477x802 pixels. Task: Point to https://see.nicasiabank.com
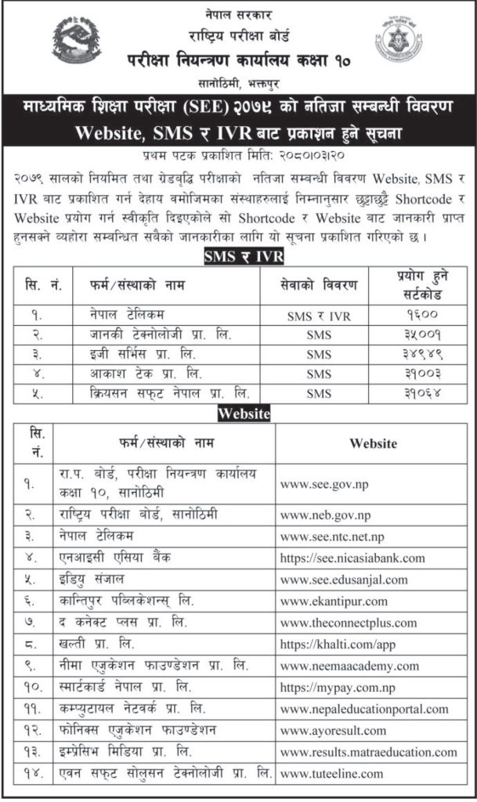[x=352, y=558]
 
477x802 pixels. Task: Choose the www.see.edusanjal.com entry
[x=344, y=580]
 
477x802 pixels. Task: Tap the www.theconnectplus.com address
[x=349, y=623]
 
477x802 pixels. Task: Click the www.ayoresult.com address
[x=333, y=731]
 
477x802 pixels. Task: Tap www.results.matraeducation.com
[x=368, y=753]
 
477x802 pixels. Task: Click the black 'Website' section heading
[x=238, y=413]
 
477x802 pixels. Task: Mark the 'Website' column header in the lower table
[x=373, y=444]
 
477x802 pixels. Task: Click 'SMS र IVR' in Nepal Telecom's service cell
[x=320, y=313]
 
